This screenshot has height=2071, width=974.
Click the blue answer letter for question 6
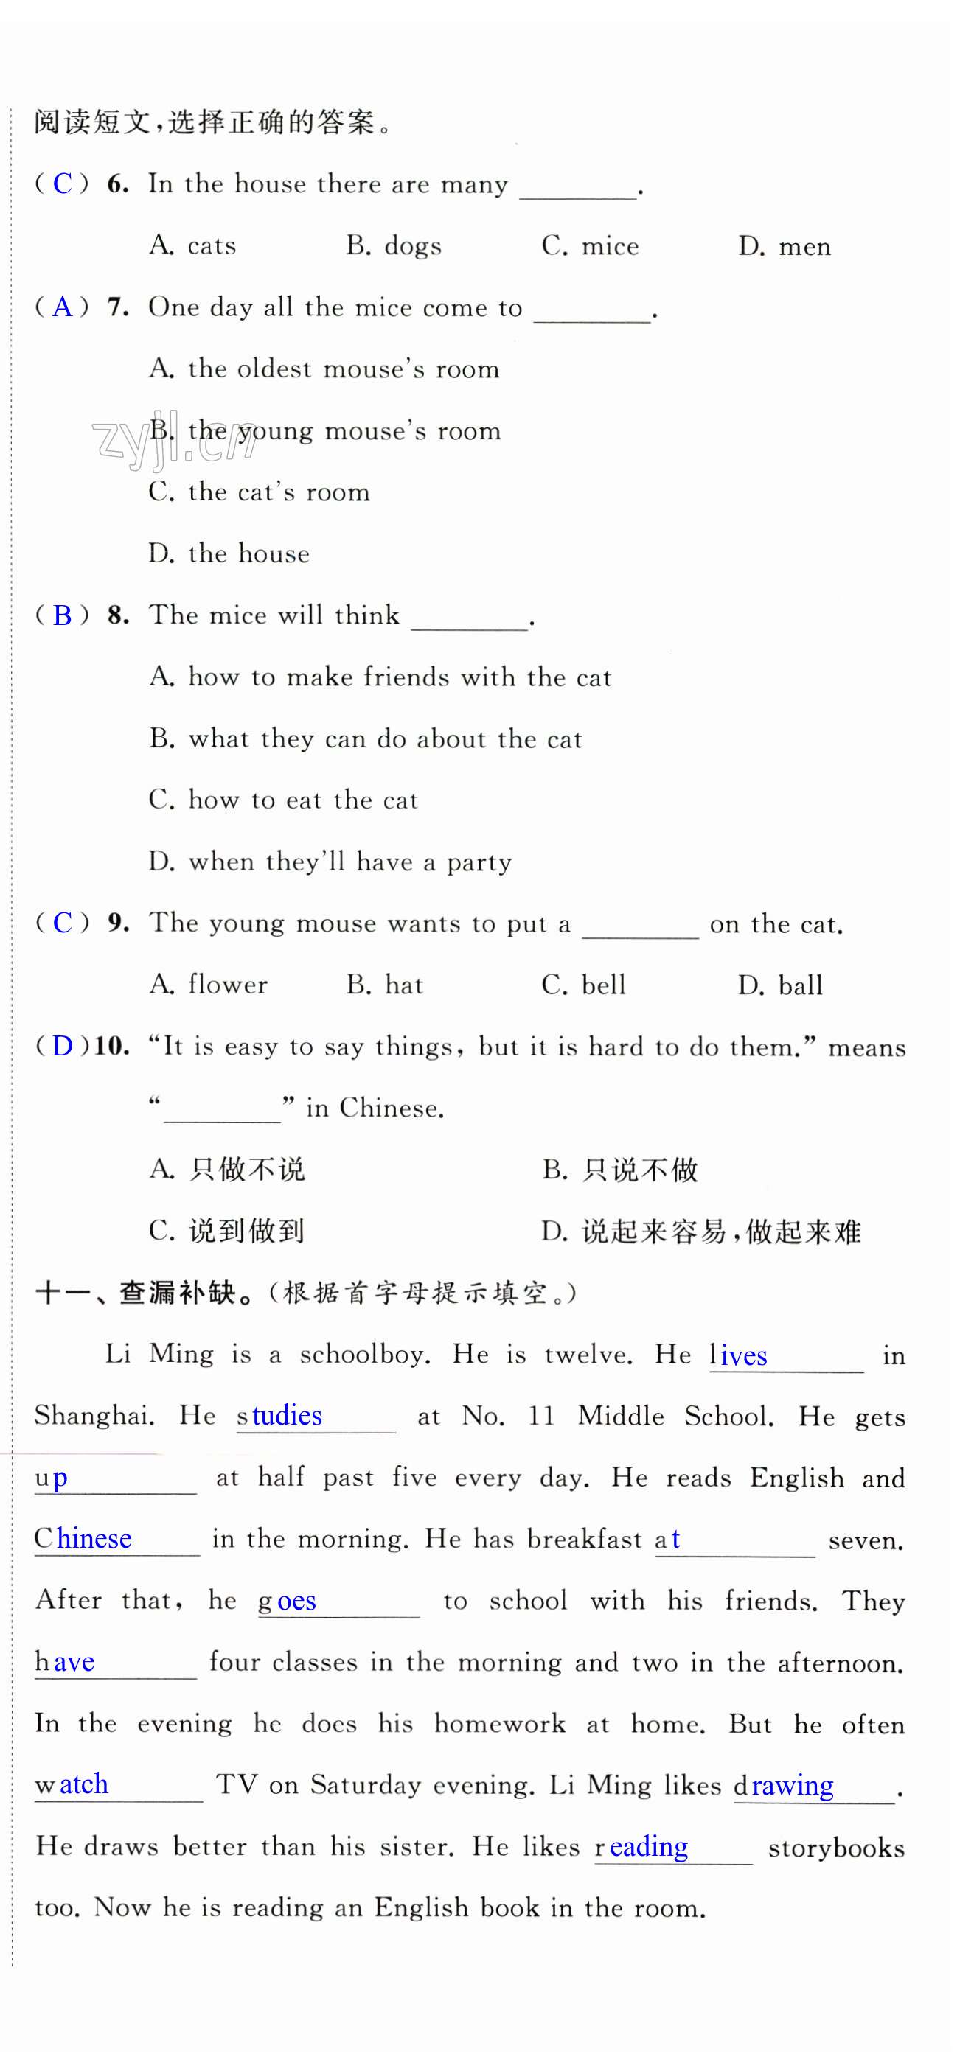coord(62,184)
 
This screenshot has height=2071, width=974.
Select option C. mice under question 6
coord(591,246)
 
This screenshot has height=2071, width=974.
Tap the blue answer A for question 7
coord(62,307)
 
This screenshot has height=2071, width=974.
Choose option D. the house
coord(229,554)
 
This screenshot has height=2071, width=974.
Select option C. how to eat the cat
coord(283,800)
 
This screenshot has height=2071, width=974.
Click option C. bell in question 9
coord(584,985)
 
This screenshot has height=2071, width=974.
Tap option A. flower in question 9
coord(209,985)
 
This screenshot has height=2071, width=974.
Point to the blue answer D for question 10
coord(62,1047)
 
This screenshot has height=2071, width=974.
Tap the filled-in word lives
coord(738,1356)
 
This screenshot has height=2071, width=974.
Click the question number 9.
coord(118,923)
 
